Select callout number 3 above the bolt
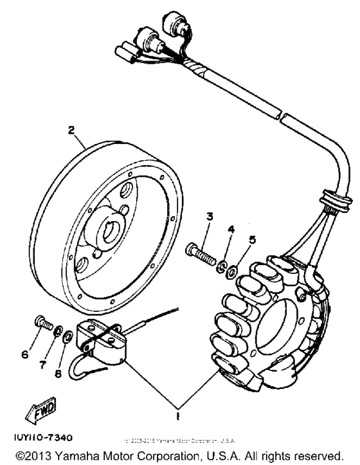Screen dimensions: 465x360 tap(208, 216)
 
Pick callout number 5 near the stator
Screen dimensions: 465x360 tap(253, 239)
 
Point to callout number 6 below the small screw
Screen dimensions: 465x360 tap(26, 354)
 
